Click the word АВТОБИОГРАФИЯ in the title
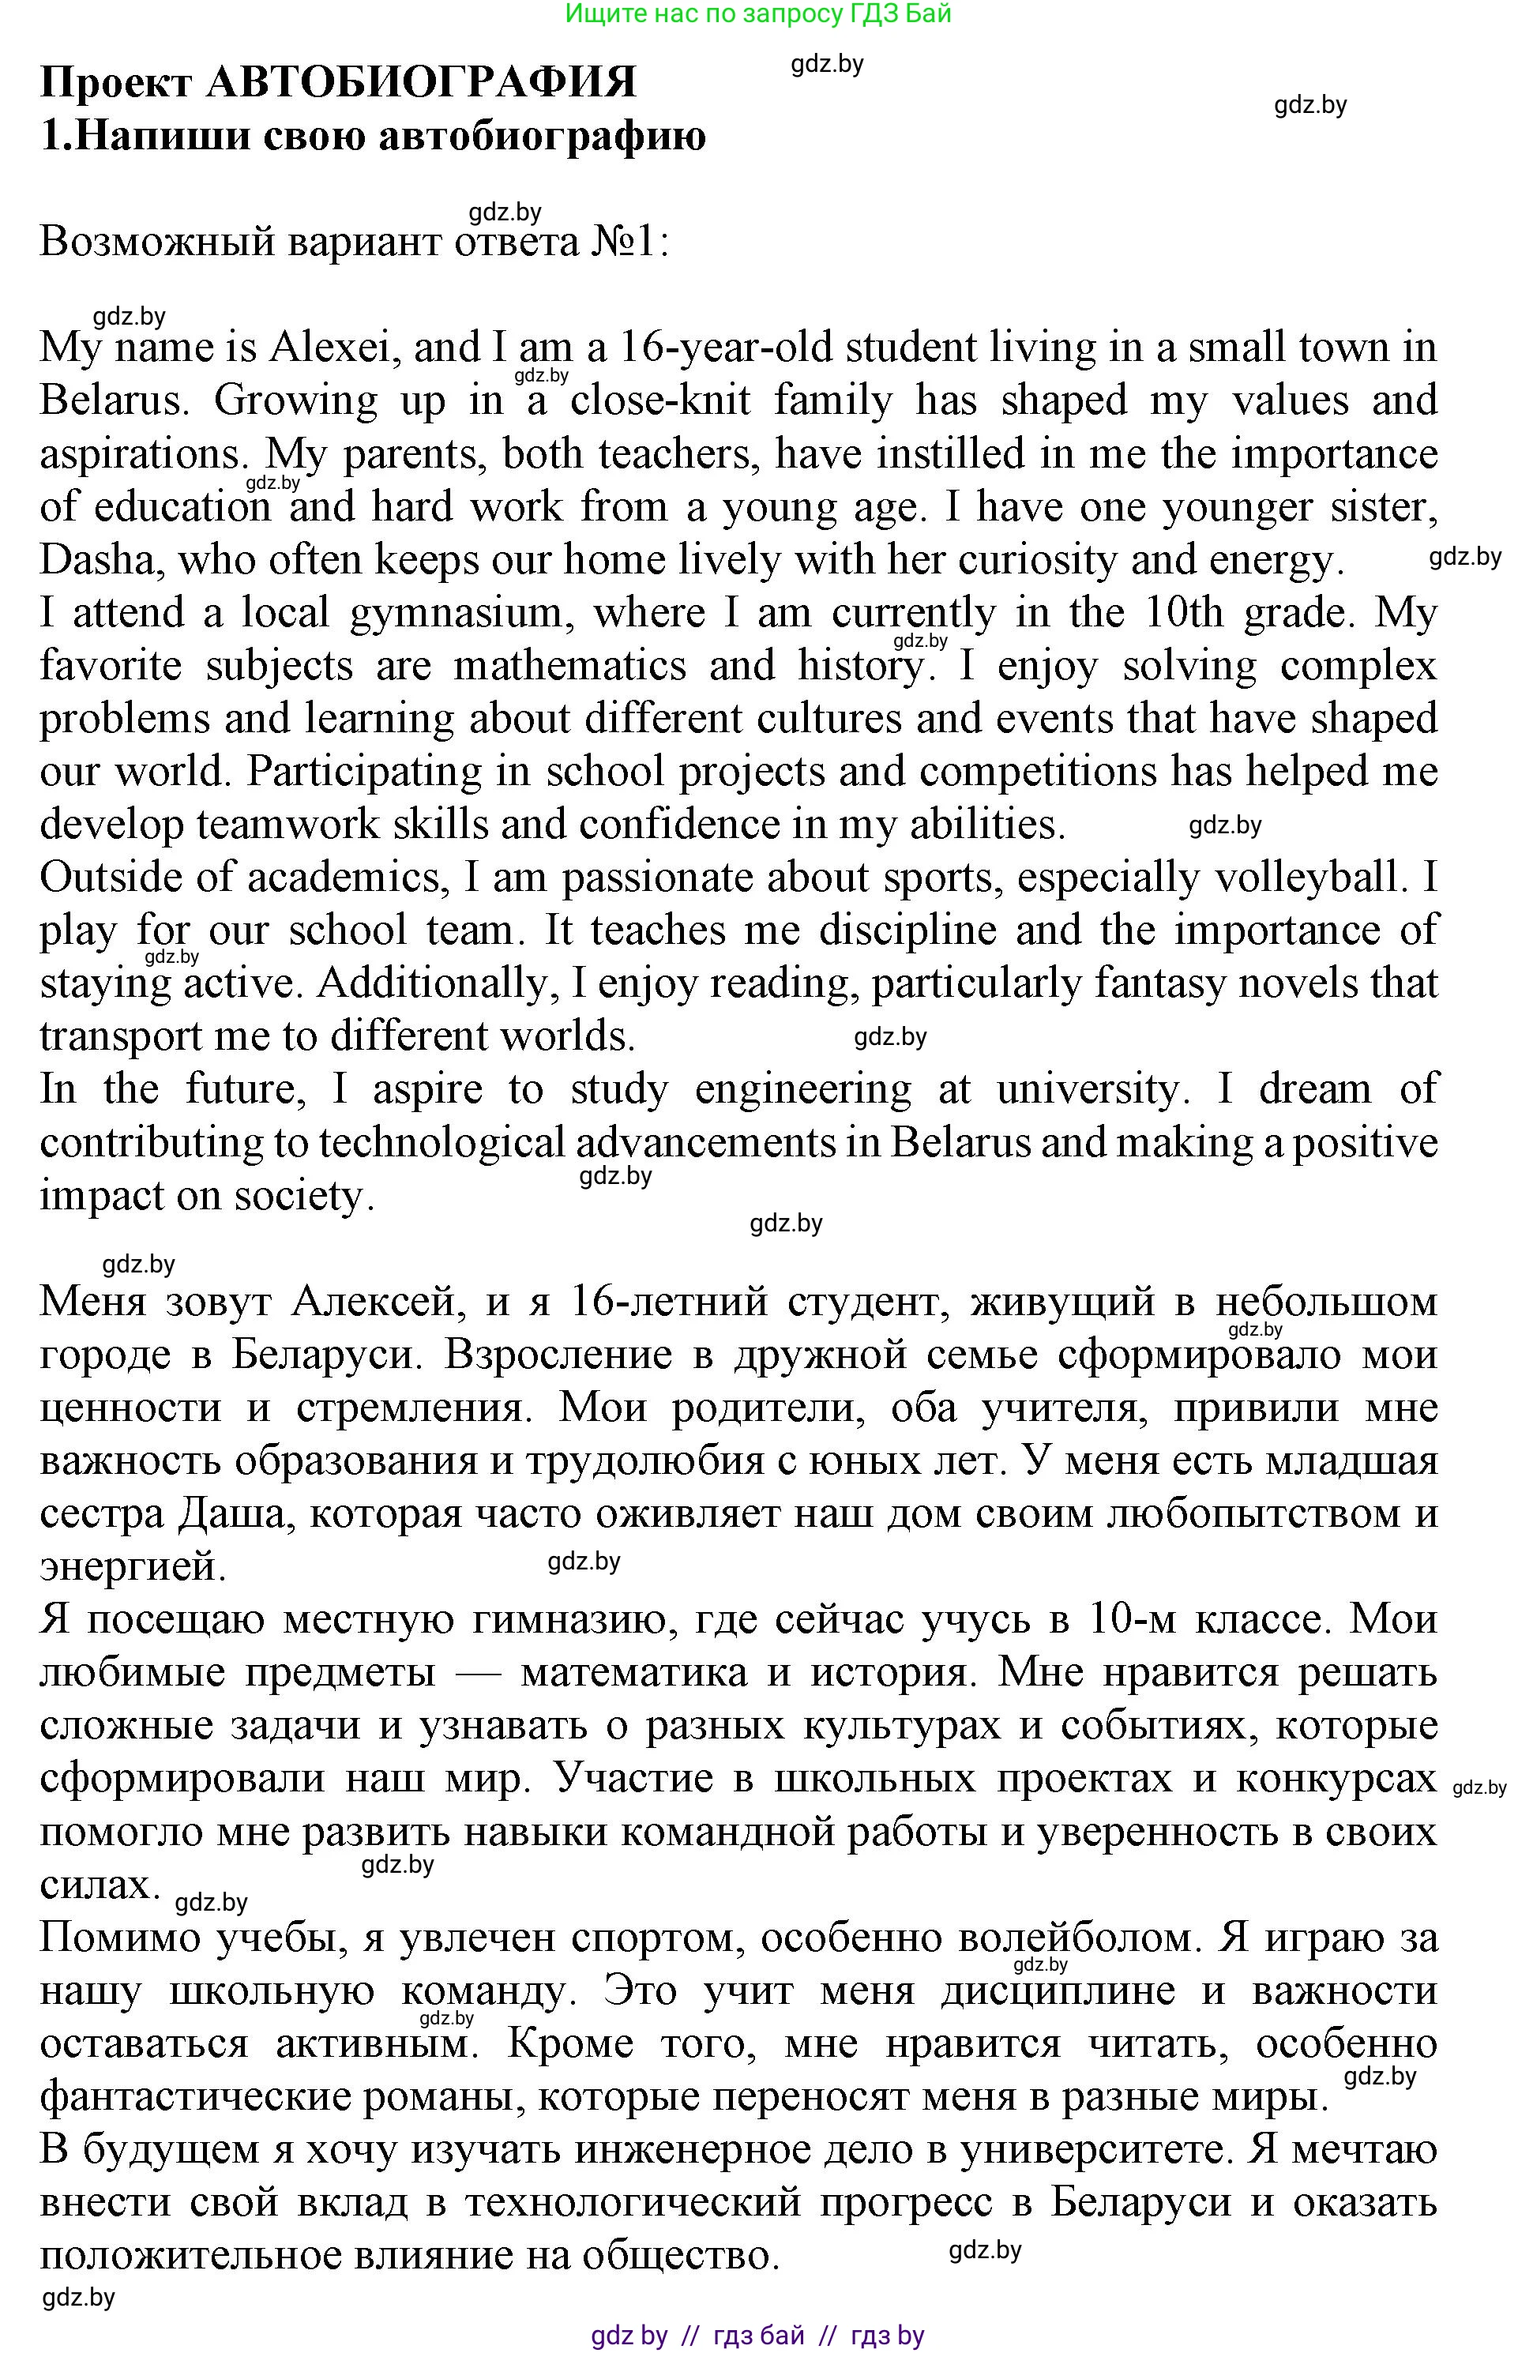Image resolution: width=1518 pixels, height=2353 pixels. [x=421, y=82]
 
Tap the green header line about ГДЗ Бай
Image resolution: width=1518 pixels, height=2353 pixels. [x=758, y=13]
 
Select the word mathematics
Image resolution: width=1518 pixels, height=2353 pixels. [x=569, y=667]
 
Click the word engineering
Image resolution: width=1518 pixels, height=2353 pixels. [x=802, y=1089]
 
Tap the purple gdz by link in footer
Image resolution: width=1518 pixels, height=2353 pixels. [x=629, y=2336]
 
